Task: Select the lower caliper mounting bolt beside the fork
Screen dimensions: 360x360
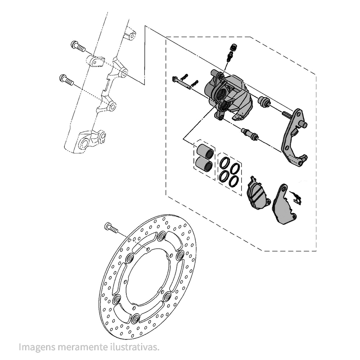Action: [67, 80]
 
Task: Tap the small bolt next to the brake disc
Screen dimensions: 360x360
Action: [111, 228]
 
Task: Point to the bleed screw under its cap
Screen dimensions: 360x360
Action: [230, 56]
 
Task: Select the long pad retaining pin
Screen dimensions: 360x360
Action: [181, 83]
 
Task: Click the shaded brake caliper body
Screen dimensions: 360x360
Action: [229, 95]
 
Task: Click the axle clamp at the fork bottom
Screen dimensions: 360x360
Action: [91, 141]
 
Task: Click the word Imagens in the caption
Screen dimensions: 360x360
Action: [37, 347]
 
